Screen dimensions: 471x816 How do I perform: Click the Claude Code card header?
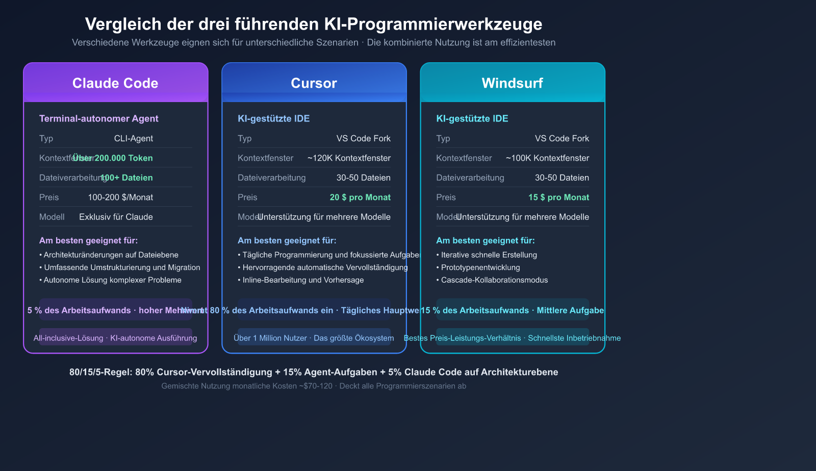click(x=115, y=83)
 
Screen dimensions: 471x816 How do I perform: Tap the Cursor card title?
click(x=314, y=83)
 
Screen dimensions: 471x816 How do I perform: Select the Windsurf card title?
click(x=512, y=83)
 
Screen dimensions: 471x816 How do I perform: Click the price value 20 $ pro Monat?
click(x=360, y=197)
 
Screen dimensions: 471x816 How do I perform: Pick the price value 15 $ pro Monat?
click(x=558, y=197)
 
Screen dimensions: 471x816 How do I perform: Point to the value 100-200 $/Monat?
click(x=120, y=197)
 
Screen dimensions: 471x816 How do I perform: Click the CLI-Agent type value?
click(x=133, y=138)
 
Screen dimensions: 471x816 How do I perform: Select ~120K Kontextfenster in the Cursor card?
click(x=349, y=158)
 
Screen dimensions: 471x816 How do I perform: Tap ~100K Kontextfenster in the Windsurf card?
click(x=547, y=158)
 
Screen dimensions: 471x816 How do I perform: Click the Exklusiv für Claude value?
click(x=116, y=217)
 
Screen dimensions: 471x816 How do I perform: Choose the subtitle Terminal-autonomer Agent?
click(x=99, y=118)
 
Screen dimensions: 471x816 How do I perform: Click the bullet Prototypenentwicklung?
click(x=480, y=267)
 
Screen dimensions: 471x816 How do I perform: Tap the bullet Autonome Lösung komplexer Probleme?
click(x=112, y=280)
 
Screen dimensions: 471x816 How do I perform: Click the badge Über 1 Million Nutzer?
click(x=314, y=338)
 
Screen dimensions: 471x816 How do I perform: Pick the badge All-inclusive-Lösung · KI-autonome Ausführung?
click(x=115, y=338)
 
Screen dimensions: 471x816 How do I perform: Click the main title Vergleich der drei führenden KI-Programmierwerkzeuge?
click(x=314, y=24)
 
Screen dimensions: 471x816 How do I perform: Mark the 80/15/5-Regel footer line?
click(x=314, y=372)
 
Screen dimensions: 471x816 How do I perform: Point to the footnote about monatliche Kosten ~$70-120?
click(x=314, y=386)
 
